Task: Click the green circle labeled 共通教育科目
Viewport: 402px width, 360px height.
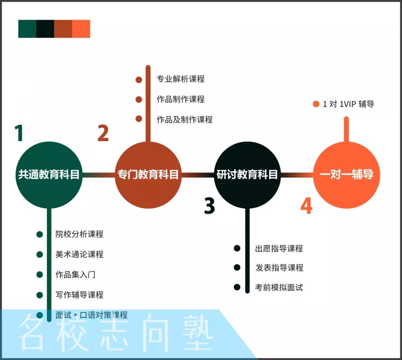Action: click(49, 175)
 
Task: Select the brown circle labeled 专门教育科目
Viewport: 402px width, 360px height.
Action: click(148, 175)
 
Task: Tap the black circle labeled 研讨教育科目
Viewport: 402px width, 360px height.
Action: click(247, 175)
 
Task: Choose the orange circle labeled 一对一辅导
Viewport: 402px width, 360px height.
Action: click(347, 175)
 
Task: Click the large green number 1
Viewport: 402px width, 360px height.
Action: click(19, 133)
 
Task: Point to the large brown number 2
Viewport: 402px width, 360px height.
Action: click(103, 133)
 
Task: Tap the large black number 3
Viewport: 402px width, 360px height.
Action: click(210, 206)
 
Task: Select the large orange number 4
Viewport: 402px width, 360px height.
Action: click(306, 206)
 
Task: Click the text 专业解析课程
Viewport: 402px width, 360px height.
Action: click(181, 79)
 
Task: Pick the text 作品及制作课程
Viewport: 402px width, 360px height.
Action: click(185, 120)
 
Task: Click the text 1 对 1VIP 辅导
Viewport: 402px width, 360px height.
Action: click(348, 104)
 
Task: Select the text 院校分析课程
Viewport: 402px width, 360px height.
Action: click(79, 234)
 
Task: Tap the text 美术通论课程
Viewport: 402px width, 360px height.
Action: click(79, 255)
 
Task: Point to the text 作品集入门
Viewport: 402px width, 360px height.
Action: click(76, 275)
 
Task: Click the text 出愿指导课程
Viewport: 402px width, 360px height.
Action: click(279, 249)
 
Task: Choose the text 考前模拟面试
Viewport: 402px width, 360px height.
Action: click(279, 287)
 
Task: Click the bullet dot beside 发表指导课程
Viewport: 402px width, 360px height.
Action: click(237, 268)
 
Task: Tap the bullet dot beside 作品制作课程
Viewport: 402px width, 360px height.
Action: click(139, 99)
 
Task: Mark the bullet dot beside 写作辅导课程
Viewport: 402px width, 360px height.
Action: click(40, 295)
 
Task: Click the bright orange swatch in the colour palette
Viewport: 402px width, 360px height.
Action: click(81, 29)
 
